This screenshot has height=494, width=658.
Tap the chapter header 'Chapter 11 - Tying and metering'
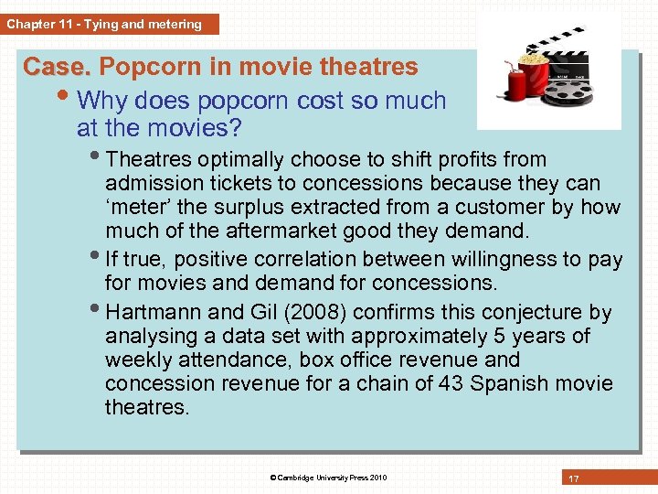pos(104,25)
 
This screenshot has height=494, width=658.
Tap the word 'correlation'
pos(306,260)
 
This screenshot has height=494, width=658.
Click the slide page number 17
pos(574,478)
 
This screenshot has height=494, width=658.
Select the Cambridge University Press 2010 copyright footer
pos(328,478)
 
